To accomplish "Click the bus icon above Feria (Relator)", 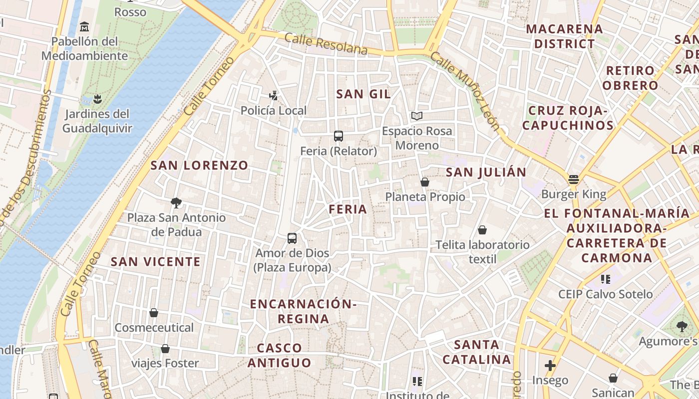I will point(338,136).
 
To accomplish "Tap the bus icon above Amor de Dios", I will point(292,238).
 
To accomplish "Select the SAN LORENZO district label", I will point(199,165).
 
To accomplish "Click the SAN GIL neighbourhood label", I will point(363,94).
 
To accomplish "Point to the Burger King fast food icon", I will point(573,180).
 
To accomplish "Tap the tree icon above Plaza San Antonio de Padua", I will point(176,202).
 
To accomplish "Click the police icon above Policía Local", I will point(273,95).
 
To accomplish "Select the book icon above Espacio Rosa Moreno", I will point(417,116).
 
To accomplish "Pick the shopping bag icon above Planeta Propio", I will point(424,182).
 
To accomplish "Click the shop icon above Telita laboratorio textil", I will point(482,230).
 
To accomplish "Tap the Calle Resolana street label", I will point(326,44).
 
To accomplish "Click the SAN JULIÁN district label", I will point(486,172).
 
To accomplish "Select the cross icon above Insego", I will point(550,366).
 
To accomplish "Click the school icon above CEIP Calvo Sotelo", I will point(605,279).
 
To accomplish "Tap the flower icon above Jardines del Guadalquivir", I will point(97,99).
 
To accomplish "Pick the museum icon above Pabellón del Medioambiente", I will point(84,26).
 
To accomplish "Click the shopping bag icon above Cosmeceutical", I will point(154,313).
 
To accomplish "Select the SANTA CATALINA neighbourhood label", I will point(476,352).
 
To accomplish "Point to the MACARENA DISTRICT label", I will point(564,36).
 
